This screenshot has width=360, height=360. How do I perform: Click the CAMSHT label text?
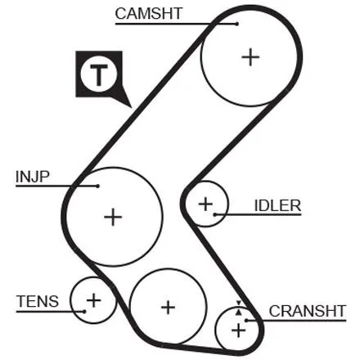pos(149,14)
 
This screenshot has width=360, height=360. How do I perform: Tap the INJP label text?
pos(33,177)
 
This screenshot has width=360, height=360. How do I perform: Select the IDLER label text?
pos(277,205)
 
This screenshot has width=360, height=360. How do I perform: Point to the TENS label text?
pos(38,301)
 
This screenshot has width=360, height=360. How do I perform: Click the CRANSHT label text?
pos(308,311)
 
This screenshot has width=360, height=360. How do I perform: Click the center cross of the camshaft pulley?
pos(250,57)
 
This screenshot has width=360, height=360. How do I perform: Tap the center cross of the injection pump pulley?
pos(113,217)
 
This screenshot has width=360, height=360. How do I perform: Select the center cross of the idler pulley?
pos(205,204)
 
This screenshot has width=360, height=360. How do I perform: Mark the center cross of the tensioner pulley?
pos(93,300)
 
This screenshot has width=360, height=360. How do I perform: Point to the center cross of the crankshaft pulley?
pos(238,331)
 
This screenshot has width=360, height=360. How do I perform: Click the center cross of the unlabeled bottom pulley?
pos(168,308)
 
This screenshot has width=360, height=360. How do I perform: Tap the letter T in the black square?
pos(98,74)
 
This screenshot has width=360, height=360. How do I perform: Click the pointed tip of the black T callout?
pos(132,107)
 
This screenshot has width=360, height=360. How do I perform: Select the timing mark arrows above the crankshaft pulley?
pos(239,308)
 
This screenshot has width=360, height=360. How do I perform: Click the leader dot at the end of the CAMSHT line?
pos(237,24)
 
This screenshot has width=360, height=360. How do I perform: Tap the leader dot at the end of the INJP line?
pos(97,186)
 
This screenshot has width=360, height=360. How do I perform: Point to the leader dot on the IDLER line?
pos(215,214)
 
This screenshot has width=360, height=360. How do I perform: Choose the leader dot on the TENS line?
pos(84,311)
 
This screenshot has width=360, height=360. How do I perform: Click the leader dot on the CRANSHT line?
pos(246,321)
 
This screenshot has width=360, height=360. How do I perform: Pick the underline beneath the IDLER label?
pos(258,214)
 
